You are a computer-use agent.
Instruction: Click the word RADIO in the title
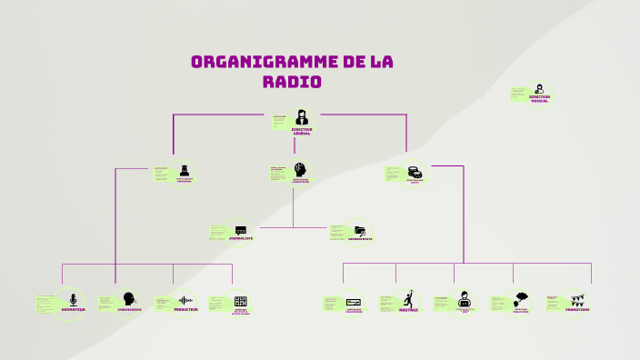tap(292, 82)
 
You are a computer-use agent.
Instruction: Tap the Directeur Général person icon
tap(301, 116)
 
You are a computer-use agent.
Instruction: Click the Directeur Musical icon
tap(540, 87)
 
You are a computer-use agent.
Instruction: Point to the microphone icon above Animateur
tap(74, 298)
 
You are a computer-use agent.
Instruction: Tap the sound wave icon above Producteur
tap(185, 299)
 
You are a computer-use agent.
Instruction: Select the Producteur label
tap(185, 309)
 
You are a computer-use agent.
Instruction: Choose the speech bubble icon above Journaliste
tap(241, 230)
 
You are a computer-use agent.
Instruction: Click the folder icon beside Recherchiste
tap(360, 230)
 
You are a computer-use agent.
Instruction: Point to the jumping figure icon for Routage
tap(410, 297)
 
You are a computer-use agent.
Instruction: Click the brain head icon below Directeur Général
tap(301, 169)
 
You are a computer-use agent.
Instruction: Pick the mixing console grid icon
tap(241, 301)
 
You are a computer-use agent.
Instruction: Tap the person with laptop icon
tap(465, 298)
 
